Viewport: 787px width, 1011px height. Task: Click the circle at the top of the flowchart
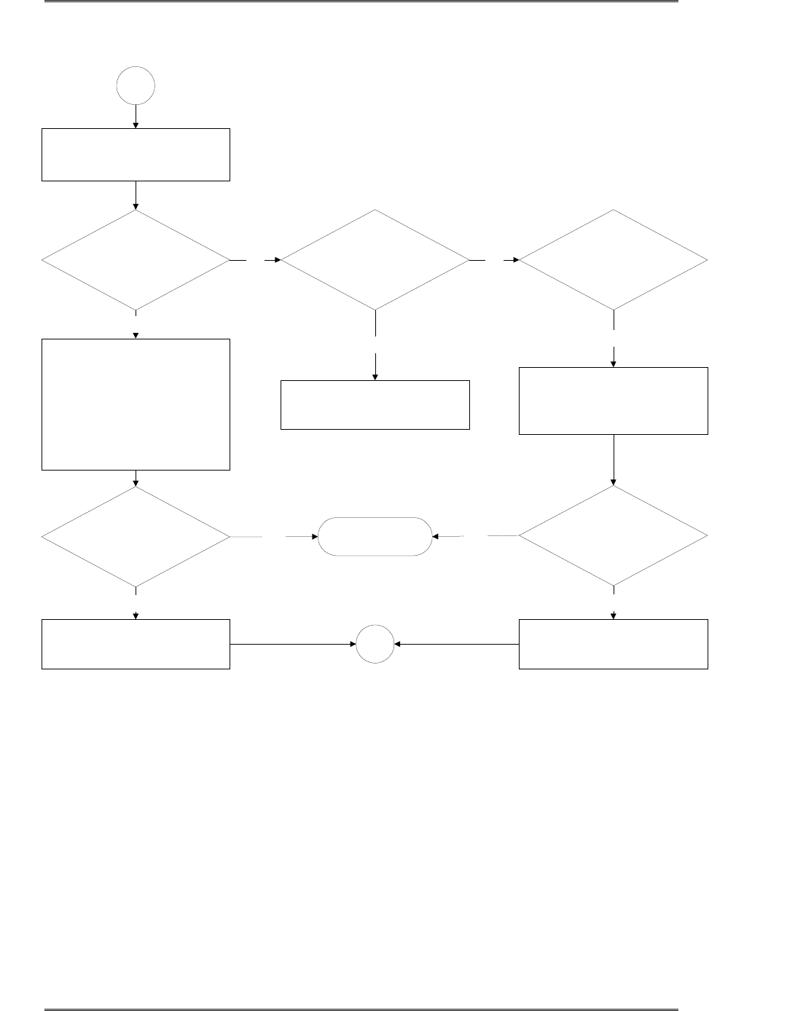tap(136, 85)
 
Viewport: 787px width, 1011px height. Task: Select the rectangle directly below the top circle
tap(136, 154)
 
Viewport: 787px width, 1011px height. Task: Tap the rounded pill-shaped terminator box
tap(375, 537)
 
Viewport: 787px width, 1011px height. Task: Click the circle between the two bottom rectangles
tap(375, 645)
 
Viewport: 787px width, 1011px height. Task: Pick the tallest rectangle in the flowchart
tap(136, 404)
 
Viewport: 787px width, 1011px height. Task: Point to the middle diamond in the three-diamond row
tap(375, 260)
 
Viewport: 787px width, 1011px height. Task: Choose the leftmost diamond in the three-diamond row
tap(136, 260)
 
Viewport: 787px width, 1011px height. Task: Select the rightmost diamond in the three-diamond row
tap(613, 260)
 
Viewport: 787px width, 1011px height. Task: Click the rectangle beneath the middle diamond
tap(375, 404)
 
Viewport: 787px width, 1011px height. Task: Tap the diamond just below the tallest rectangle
tap(136, 537)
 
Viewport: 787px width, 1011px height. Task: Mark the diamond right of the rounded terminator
tap(613, 536)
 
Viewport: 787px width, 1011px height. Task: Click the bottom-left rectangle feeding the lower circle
tap(136, 644)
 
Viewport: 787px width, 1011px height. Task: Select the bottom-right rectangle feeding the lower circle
tap(613, 644)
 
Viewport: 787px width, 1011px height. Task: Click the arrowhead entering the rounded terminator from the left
tap(315, 537)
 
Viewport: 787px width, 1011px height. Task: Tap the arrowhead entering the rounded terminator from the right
tap(436, 537)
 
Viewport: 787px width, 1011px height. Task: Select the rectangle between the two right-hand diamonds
tap(613, 401)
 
